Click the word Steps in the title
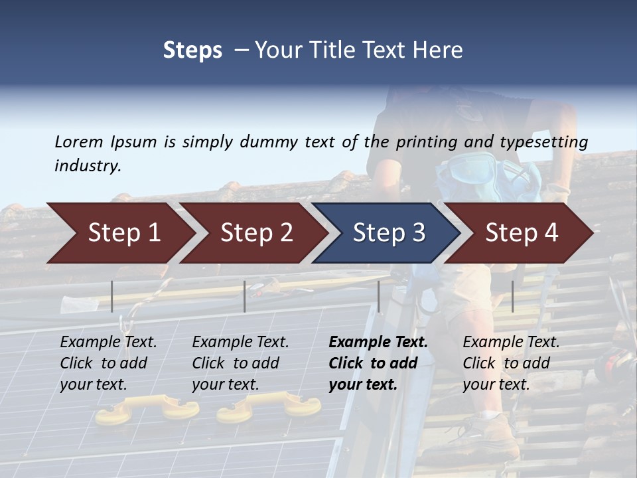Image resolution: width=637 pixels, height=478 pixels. [192, 50]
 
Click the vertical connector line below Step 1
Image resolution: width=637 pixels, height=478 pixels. [112, 296]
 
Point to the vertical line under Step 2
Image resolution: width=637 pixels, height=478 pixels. [245, 296]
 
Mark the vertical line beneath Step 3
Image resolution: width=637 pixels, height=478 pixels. [378, 296]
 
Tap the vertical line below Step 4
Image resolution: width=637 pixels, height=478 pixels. [512, 296]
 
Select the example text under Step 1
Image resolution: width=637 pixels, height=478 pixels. [108, 363]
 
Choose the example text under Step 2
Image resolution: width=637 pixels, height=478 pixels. [240, 363]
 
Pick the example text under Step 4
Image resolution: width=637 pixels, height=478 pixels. [511, 363]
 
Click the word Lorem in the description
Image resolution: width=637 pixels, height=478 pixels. [79, 141]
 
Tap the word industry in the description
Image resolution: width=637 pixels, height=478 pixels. [88, 165]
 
